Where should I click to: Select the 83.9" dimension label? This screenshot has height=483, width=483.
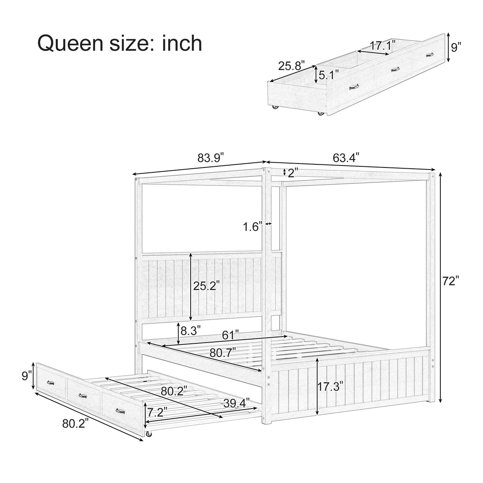click(211, 158)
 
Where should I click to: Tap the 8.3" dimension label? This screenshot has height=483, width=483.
click(191, 330)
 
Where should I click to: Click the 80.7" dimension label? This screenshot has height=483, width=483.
click(223, 352)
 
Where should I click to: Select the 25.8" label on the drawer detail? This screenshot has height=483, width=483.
click(291, 65)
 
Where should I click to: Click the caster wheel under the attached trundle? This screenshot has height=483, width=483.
click(149, 434)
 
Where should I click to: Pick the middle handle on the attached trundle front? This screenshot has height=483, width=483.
click(83, 395)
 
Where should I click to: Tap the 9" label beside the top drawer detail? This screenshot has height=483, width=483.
click(456, 48)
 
